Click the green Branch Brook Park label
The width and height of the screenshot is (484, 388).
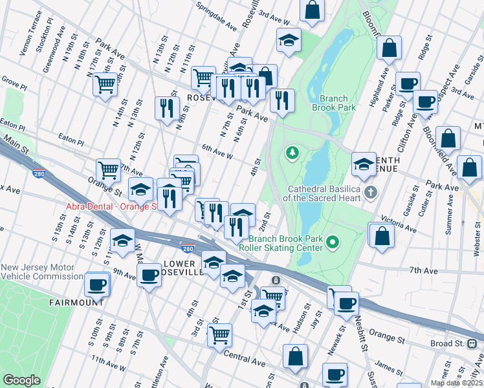[x=333, y=103]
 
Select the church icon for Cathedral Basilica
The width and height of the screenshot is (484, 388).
[x=369, y=192]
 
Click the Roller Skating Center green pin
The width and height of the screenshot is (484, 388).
[x=333, y=242]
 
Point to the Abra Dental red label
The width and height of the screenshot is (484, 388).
[x=112, y=207]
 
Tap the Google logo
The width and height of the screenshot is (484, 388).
[x=21, y=380]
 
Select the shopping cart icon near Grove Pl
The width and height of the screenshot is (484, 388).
[x=105, y=83]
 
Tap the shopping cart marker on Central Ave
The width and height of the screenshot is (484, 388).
[x=220, y=334]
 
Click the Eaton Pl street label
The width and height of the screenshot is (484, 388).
[x=71, y=140]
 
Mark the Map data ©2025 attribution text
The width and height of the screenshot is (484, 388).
[x=456, y=383]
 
